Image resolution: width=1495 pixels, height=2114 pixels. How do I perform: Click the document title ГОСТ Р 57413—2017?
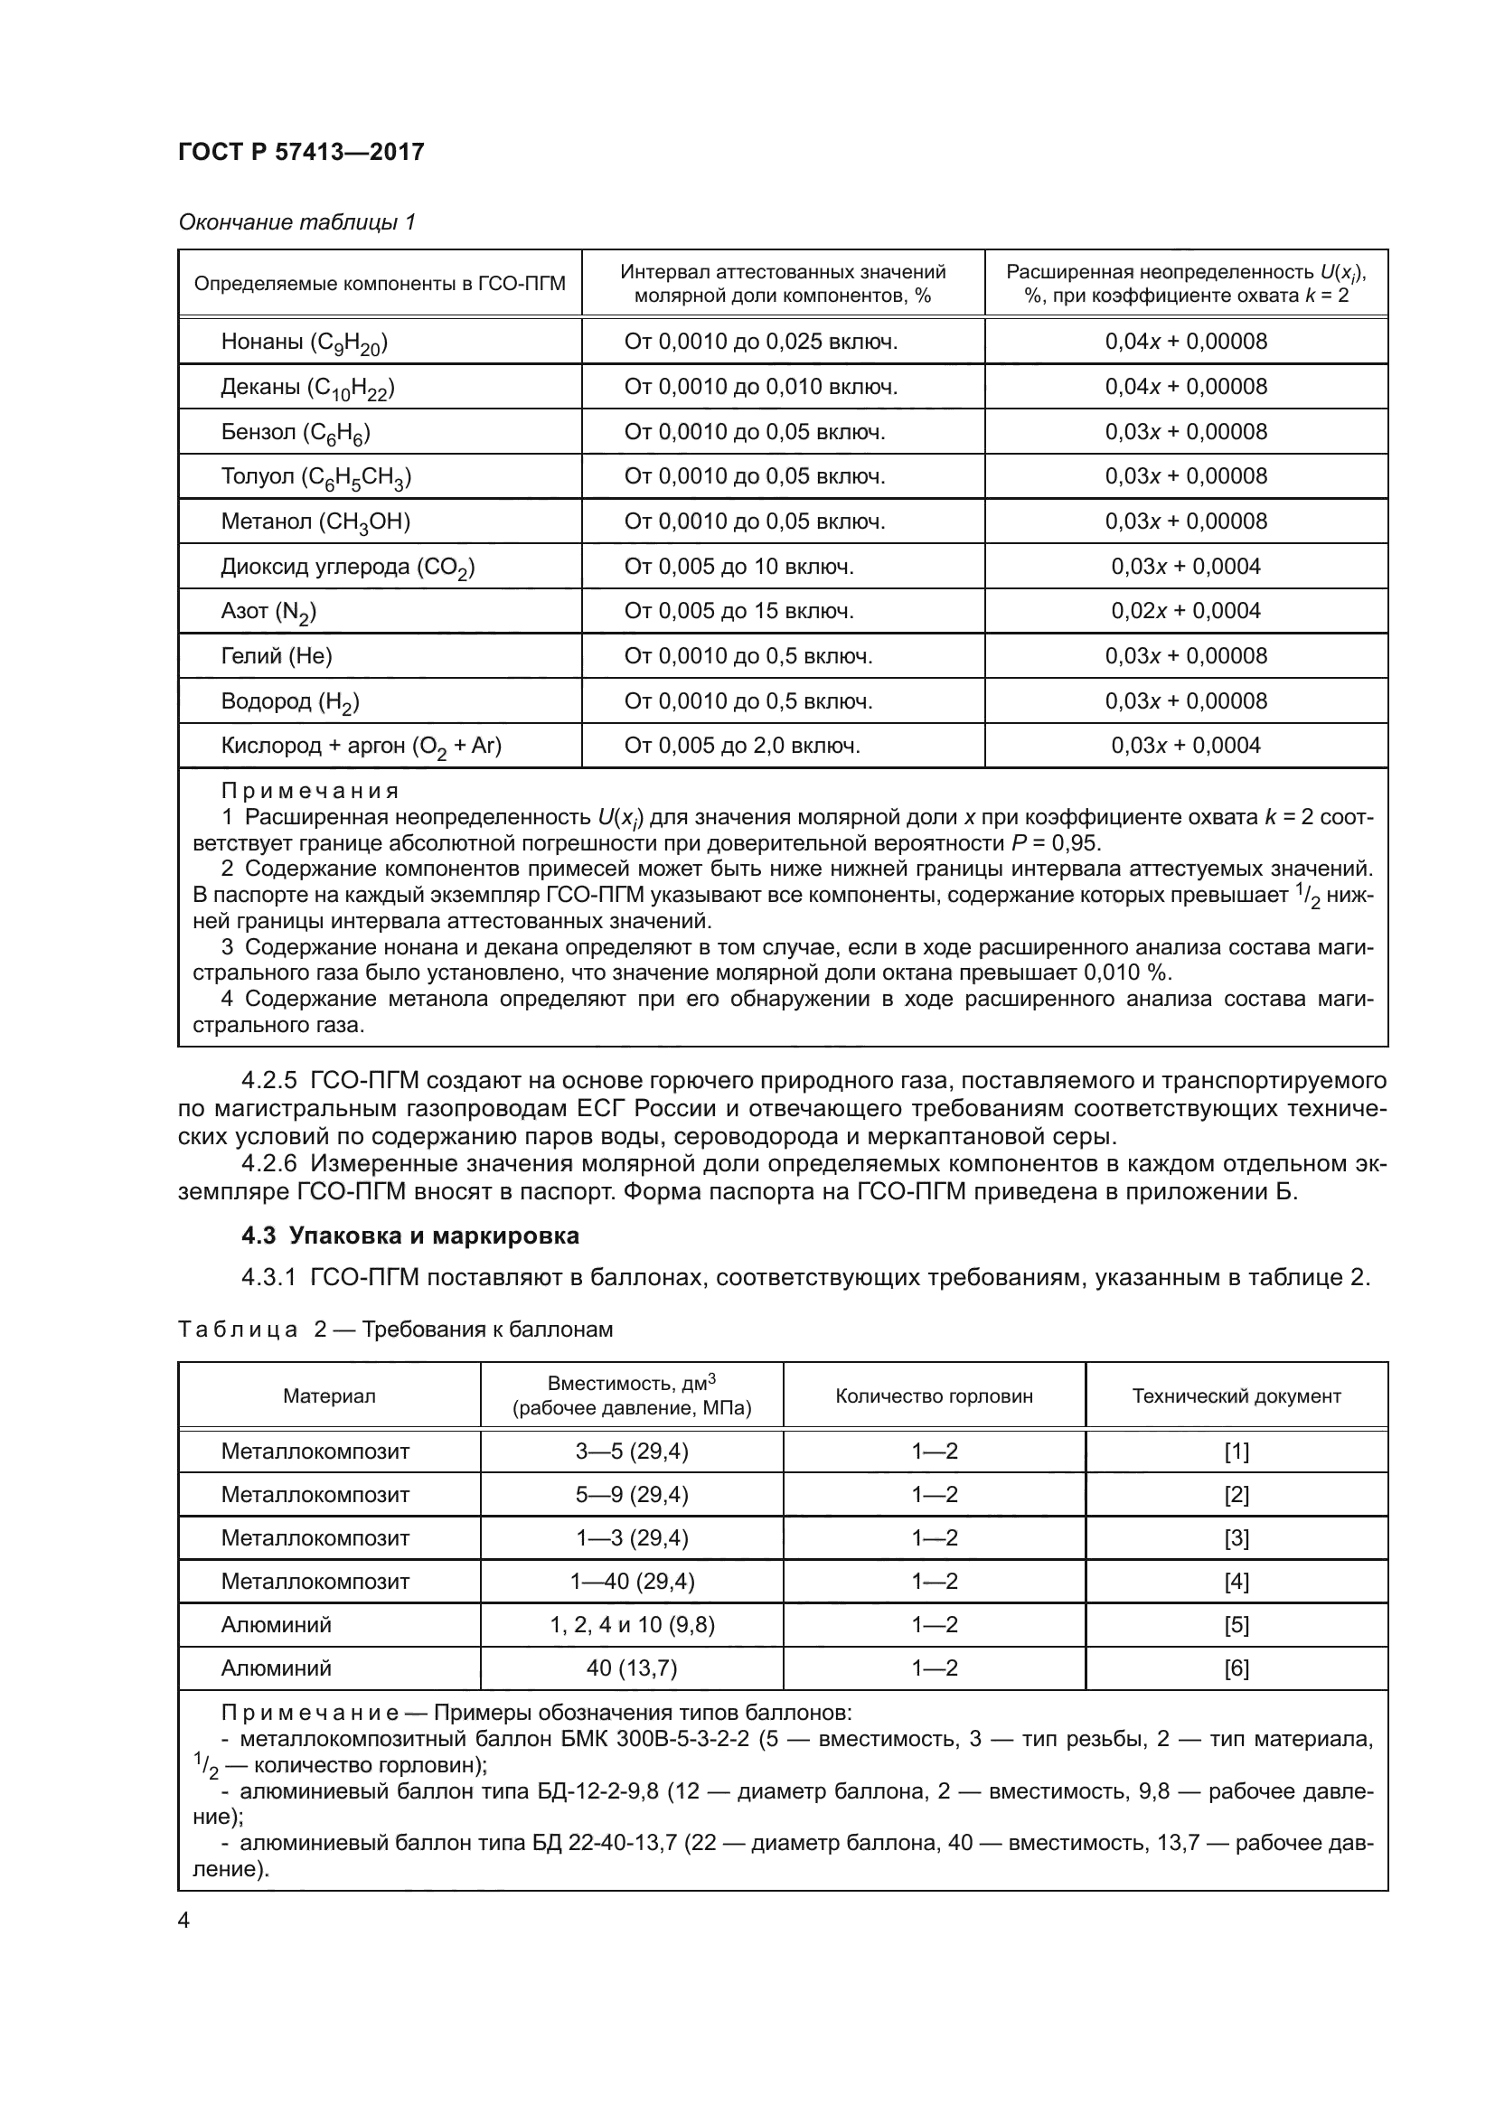[x=301, y=152]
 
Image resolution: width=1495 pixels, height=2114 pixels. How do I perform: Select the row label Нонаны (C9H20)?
[x=304, y=343]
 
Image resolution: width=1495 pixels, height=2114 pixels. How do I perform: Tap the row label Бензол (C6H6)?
[x=296, y=432]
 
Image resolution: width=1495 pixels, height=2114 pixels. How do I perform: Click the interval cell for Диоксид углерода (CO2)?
[x=738, y=567]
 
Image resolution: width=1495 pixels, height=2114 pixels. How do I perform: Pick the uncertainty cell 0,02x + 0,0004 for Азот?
[x=1186, y=610]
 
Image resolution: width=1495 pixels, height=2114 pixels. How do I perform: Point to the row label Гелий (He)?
[x=277, y=655]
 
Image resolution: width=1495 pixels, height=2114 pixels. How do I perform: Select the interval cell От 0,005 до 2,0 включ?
[x=742, y=746]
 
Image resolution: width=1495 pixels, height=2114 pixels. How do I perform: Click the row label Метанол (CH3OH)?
[x=315, y=521]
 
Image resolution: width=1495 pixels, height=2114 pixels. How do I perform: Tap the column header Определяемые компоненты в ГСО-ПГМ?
[x=380, y=284]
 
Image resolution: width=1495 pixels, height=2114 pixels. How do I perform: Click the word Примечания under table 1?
[x=309, y=791]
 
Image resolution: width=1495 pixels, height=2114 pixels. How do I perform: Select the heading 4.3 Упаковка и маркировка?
[x=409, y=1236]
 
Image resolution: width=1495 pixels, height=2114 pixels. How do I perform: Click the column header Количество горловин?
[x=934, y=1395]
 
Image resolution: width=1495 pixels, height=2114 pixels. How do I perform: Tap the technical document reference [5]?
[x=1236, y=1625]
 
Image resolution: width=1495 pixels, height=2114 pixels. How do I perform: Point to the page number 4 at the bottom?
[x=184, y=1921]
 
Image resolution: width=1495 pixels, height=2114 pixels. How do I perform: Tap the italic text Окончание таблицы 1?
[x=296, y=222]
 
